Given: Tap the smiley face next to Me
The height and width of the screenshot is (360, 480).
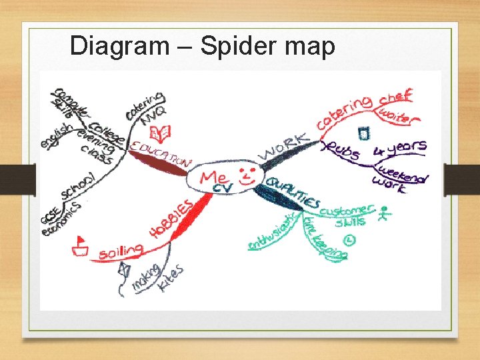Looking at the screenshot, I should (247, 177).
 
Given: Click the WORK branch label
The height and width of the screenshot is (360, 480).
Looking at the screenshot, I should (283, 147).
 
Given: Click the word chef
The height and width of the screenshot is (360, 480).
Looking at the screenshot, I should (396, 97).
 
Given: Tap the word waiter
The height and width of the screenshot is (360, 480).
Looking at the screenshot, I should (399, 116).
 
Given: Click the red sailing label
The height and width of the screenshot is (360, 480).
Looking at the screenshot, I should (121, 252).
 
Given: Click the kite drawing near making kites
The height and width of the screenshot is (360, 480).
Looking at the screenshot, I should (123, 270).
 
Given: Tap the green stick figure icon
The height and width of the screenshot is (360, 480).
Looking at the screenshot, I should (383, 215).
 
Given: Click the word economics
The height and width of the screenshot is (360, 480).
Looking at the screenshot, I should (61, 220).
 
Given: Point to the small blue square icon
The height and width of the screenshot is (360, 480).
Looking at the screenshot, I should (363, 133).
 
